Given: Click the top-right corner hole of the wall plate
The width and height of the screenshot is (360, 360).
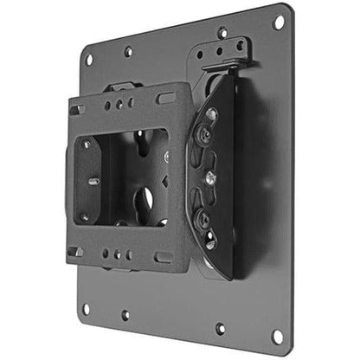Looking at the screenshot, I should tap(279, 21).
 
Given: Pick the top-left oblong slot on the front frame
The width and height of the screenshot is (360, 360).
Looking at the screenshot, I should tap(79, 110).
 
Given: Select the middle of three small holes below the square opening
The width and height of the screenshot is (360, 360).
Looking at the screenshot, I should tap(121, 255).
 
